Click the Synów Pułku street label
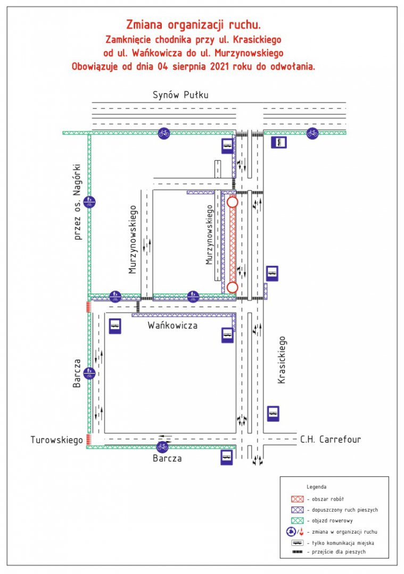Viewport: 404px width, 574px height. click(x=180, y=95)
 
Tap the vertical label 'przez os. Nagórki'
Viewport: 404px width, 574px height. click(x=77, y=202)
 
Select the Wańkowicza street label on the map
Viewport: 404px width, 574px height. click(x=172, y=325)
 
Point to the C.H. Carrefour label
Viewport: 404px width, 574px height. click(x=331, y=440)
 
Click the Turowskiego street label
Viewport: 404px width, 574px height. click(x=56, y=440)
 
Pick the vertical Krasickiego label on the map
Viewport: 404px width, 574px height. click(x=281, y=360)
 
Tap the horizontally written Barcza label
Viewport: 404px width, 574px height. click(x=167, y=458)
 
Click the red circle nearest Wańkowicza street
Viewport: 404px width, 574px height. click(x=232, y=288)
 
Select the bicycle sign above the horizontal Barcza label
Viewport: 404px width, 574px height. click(x=162, y=447)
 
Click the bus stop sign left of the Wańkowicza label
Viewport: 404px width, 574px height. click(x=115, y=326)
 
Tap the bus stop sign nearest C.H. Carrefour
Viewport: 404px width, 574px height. click(x=273, y=413)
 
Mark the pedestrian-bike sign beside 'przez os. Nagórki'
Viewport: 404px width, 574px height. click(x=89, y=202)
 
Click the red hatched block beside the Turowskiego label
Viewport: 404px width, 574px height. click(x=88, y=440)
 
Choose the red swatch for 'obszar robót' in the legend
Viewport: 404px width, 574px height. click(x=297, y=499)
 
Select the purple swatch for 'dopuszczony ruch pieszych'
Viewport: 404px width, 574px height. click(x=297, y=510)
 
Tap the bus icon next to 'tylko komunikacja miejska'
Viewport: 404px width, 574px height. click(x=297, y=543)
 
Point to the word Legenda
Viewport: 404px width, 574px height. click(x=316, y=487)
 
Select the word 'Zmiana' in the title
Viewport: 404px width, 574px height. click(x=144, y=25)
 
